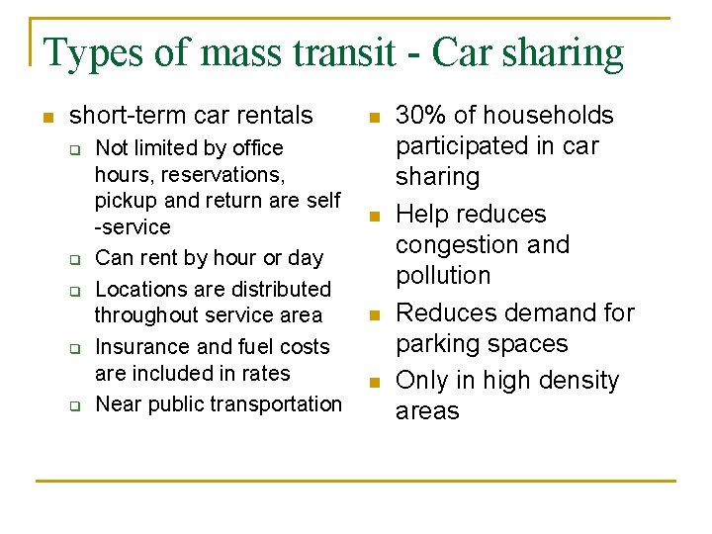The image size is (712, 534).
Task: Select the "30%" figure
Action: click(420, 116)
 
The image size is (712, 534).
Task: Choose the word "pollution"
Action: click(443, 275)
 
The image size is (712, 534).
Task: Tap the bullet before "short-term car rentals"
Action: click(46, 117)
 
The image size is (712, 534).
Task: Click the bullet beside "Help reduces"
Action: click(374, 216)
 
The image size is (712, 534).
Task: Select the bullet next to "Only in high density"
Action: click(374, 382)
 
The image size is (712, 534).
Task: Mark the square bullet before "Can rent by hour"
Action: click(73, 259)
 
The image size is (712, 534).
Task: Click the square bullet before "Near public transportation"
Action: click(73, 404)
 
